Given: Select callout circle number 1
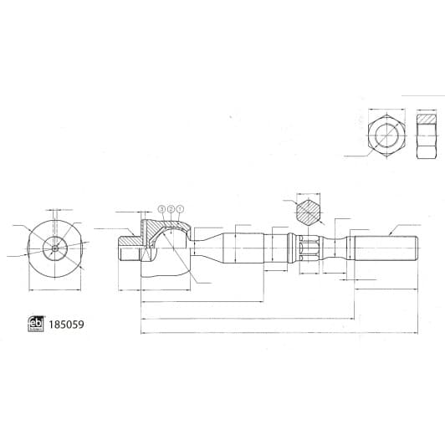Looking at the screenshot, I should [x=179, y=209].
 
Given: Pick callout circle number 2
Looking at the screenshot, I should [x=171, y=209].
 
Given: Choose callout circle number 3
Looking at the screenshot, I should [x=162, y=209].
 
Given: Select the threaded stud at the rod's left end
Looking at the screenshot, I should [x=128, y=248].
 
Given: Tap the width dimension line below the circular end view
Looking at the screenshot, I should [x=55, y=290].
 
